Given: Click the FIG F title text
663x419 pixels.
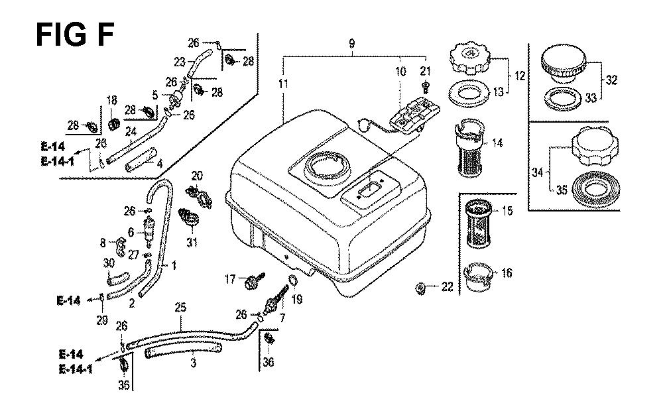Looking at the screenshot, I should click(x=74, y=34).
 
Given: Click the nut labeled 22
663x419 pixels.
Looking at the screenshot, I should click(x=420, y=288).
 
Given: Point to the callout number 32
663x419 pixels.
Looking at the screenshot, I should click(x=611, y=80).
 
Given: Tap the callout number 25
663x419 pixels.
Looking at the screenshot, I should click(x=180, y=307).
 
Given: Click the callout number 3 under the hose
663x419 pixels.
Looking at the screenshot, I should click(x=193, y=363).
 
